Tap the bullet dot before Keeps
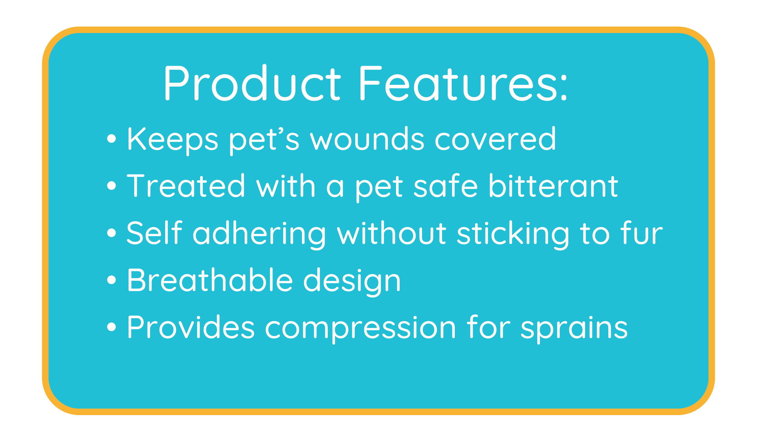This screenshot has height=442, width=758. (112, 138)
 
